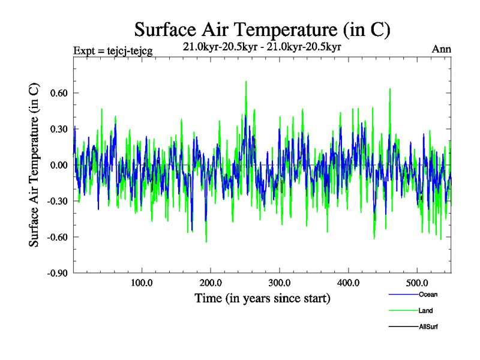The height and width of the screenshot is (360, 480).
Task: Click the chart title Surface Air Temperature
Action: point(263,29)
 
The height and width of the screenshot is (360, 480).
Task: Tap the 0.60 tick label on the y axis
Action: point(58,93)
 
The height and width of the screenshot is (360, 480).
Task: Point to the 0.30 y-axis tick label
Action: point(58,129)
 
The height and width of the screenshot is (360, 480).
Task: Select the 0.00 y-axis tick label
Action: point(58,165)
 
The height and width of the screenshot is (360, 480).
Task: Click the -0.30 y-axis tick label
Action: point(56,201)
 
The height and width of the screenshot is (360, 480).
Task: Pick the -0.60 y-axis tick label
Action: point(56,237)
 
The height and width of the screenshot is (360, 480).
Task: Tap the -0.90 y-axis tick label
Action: point(56,273)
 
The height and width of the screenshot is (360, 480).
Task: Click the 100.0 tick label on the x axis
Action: point(142,283)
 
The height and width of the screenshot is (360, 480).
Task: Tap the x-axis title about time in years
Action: point(262,298)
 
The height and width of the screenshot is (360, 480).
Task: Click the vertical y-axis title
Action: point(34,165)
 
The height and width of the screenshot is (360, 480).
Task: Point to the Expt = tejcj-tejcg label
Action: point(112,50)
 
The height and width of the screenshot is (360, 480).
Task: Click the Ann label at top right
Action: point(441,50)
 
